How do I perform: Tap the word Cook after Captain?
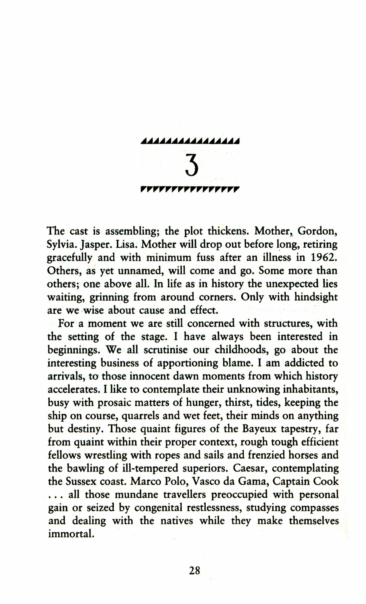coord(326,481)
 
